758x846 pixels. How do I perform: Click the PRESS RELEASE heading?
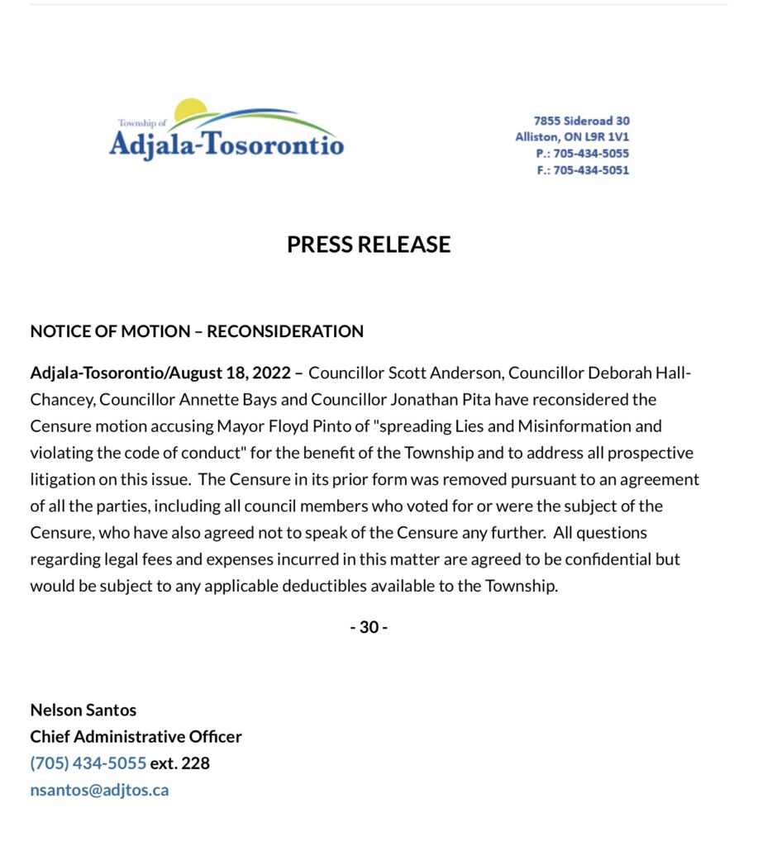369,245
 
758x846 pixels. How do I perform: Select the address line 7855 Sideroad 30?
581,121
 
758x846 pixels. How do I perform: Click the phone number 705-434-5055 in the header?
590,154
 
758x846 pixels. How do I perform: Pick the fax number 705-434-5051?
590,170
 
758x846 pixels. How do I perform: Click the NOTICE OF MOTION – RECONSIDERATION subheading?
197,331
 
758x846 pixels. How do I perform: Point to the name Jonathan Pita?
489,400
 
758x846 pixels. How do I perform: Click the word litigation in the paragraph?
64,479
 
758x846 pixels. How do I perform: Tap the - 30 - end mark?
369,627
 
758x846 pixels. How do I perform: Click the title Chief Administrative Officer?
136,736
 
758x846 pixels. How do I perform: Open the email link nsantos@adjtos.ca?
99,789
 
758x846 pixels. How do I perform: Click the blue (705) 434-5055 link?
88,763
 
